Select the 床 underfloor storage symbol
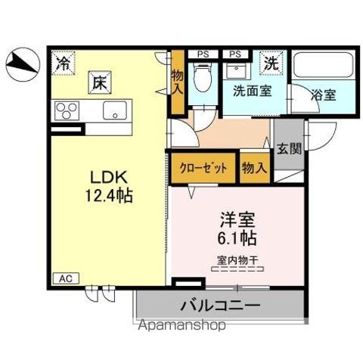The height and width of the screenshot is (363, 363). pos(98,80)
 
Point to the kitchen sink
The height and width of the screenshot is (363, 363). pos(116,111)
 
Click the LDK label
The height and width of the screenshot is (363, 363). pos(108,178)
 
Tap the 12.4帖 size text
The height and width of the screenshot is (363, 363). pos(108,197)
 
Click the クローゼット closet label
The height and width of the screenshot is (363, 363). pos(203,169)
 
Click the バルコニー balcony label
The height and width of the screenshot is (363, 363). pos(220,306)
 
